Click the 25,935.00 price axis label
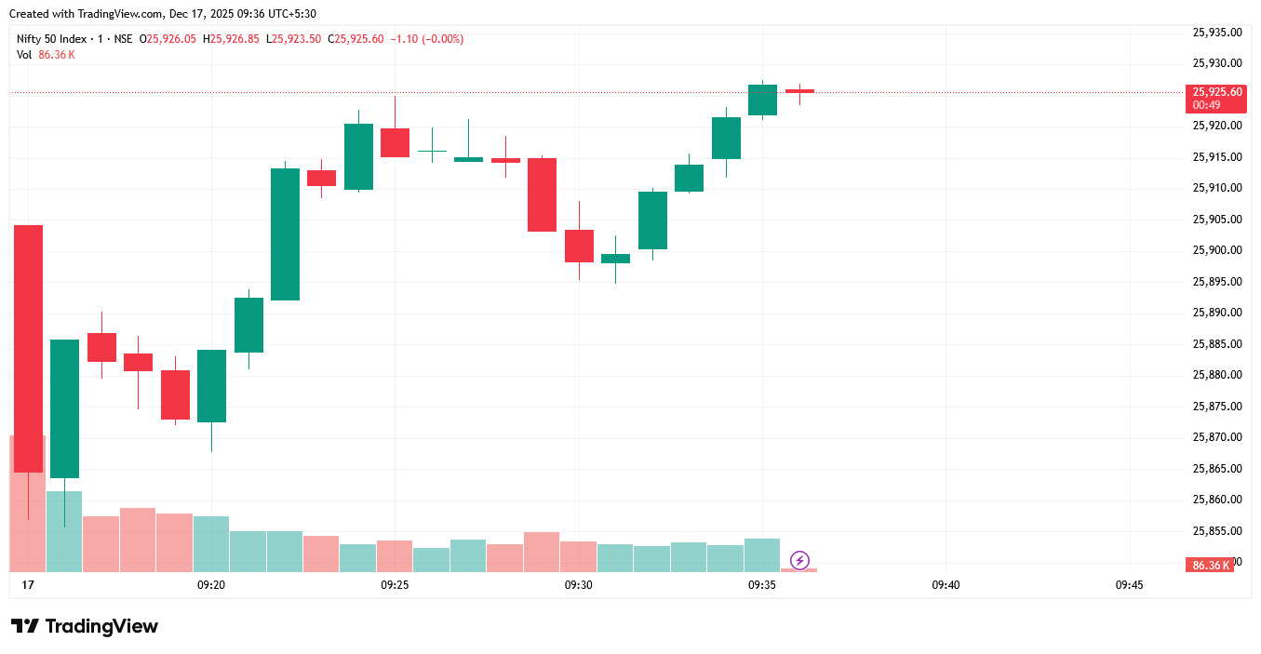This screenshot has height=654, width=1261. pyautogui.click(x=1217, y=33)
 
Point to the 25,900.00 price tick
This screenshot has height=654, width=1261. pyautogui.click(x=1217, y=250)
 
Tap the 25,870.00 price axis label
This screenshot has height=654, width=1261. pyautogui.click(x=1217, y=437)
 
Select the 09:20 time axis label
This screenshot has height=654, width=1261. pyautogui.click(x=211, y=585)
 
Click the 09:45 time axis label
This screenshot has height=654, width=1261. pyautogui.click(x=1129, y=585)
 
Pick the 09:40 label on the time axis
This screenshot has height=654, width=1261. pyautogui.click(x=946, y=585)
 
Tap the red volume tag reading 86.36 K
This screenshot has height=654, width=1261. pyautogui.click(x=1210, y=566)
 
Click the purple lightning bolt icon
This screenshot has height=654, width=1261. pyautogui.click(x=799, y=560)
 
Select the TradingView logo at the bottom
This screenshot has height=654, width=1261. pyautogui.click(x=85, y=626)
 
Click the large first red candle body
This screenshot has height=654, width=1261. pyautogui.click(x=28, y=348)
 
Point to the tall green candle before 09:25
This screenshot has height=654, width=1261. pyautogui.click(x=285, y=234)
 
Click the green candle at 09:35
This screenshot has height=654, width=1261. pyautogui.click(x=762, y=100)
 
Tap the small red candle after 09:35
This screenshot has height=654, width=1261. pyautogui.click(x=799, y=91)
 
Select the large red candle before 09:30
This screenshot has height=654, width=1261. pyautogui.click(x=542, y=194)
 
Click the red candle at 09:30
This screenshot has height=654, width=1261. pyautogui.click(x=579, y=246)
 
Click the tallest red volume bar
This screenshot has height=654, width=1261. pyautogui.click(x=27, y=502)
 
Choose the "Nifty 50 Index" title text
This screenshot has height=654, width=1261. pyautogui.click(x=54, y=39)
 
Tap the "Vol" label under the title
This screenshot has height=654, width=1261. pyautogui.click(x=24, y=55)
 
